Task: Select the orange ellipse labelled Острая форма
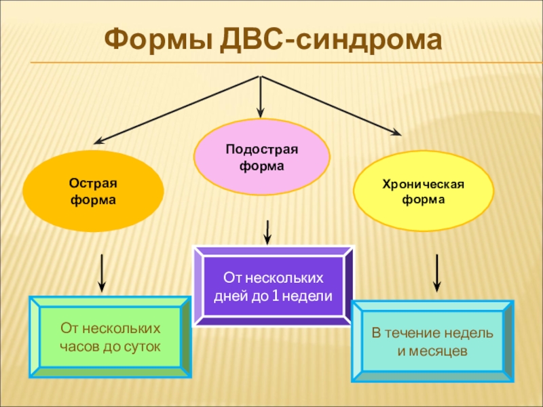click(93, 192)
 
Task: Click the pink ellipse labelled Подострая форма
click(262, 157)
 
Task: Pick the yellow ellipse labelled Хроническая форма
click(424, 192)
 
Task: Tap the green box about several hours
click(110, 337)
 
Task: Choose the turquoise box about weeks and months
click(432, 343)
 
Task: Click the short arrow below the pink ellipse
click(268, 233)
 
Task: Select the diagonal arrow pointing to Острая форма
click(176, 109)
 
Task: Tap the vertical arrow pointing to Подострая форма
click(261, 95)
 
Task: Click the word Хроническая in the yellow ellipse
click(423, 185)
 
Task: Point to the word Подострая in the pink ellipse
click(262, 149)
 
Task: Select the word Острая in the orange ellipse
click(93, 185)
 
